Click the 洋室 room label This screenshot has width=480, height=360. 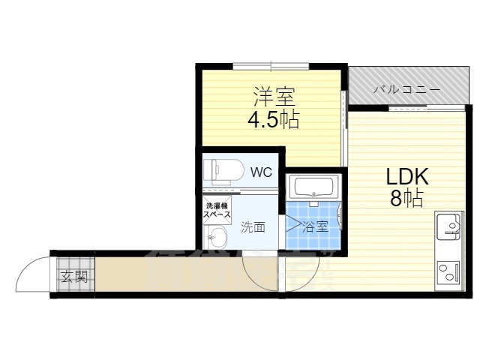274,97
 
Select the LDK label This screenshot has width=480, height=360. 406,178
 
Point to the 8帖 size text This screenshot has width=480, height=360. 406,199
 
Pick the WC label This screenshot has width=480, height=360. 260,172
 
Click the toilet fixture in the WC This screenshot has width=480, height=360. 222,170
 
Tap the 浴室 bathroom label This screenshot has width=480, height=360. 315,226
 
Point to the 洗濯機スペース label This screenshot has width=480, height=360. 217,211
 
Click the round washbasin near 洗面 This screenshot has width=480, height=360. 217,239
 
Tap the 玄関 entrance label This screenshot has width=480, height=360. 73,277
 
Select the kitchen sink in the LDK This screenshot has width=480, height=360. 449,226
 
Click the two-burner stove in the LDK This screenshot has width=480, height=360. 448,271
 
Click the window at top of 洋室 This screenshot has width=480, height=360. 271,66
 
